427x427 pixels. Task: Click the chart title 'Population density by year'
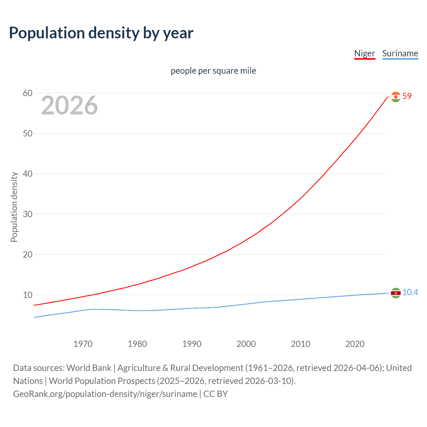pyautogui.click(x=101, y=33)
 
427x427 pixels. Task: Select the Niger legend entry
pyautogui.click(x=365, y=53)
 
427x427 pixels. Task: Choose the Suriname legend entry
pyautogui.click(x=400, y=53)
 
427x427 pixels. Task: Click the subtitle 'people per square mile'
pyautogui.click(x=213, y=71)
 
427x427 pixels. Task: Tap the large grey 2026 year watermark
pyautogui.click(x=69, y=105)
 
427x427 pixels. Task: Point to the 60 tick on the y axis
pyautogui.click(x=28, y=93)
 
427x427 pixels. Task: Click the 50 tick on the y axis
pyautogui.click(x=28, y=133)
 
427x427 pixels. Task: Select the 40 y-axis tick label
pyautogui.click(x=28, y=174)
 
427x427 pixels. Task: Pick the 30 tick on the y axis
pyautogui.click(x=28, y=214)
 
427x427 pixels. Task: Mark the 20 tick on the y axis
pyautogui.click(x=28, y=255)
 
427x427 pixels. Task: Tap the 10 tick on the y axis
pyautogui.click(x=28, y=295)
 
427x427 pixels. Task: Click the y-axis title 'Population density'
pyautogui.click(x=14, y=207)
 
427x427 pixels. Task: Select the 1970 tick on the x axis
pyautogui.click(x=83, y=344)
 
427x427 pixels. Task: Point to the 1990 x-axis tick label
pyautogui.click(x=192, y=344)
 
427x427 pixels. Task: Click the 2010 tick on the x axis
pyautogui.click(x=301, y=344)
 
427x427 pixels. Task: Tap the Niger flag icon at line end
pyautogui.click(x=396, y=97)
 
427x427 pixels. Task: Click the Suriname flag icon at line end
pyautogui.click(x=396, y=293)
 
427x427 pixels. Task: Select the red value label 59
pyautogui.click(x=407, y=96)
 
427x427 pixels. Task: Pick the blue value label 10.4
pyautogui.click(x=410, y=292)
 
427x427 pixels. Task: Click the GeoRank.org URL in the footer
pyautogui.click(x=105, y=394)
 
